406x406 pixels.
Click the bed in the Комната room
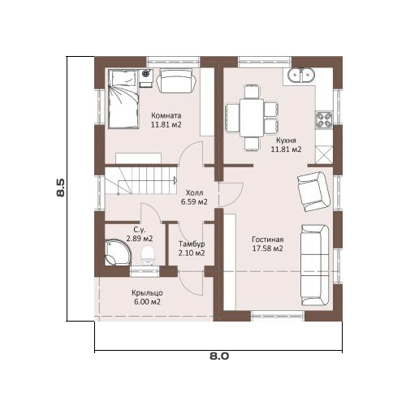(x=123, y=99)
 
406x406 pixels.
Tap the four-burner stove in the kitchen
(x=324, y=119)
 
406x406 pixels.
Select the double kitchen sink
(x=300, y=75)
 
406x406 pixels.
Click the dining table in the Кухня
(x=252, y=118)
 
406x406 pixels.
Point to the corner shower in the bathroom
(x=118, y=252)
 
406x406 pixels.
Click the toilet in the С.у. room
(x=148, y=255)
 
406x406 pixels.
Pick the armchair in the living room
(x=313, y=192)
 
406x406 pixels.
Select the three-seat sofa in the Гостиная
(x=315, y=266)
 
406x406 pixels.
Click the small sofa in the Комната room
(x=177, y=80)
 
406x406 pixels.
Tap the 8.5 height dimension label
(x=61, y=188)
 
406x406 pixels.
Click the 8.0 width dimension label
(x=219, y=356)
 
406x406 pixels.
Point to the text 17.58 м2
(x=267, y=248)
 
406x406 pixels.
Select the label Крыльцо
(x=147, y=293)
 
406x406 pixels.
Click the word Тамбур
(x=192, y=244)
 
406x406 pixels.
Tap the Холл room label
(x=194, y=193)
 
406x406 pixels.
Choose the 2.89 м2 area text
(x=140, y=239)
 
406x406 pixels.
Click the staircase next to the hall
(x=140, y=180)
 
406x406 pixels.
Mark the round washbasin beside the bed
(x=146, y=73)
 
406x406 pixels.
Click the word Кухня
(x=286, y=140)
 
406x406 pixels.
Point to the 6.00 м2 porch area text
(x=147, y=302)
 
